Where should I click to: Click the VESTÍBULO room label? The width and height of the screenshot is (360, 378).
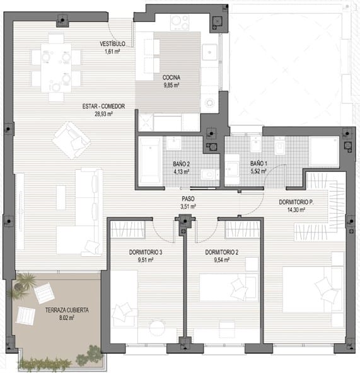112,44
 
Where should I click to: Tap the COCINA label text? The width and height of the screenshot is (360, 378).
171,77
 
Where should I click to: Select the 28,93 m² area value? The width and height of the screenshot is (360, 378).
103,114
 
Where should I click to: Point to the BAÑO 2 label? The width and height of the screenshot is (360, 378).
181,164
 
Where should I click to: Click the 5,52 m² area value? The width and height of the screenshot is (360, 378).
258,171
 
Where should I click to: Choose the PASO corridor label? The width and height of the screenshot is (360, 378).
188,199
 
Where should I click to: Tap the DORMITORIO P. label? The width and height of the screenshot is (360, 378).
296,202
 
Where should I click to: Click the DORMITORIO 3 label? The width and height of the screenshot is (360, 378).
146,253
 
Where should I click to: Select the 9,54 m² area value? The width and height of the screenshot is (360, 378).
221,260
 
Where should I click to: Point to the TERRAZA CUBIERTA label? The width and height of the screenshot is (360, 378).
67,310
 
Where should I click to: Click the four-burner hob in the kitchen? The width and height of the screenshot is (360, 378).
179,23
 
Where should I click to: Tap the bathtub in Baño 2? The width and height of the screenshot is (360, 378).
150,161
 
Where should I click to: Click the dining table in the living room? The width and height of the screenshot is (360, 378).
56,67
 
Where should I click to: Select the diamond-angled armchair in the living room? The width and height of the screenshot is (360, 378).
71,140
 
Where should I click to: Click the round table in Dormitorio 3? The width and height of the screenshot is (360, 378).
158,327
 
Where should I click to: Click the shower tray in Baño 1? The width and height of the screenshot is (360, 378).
324,151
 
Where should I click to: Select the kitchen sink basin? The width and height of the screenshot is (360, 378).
210,52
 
